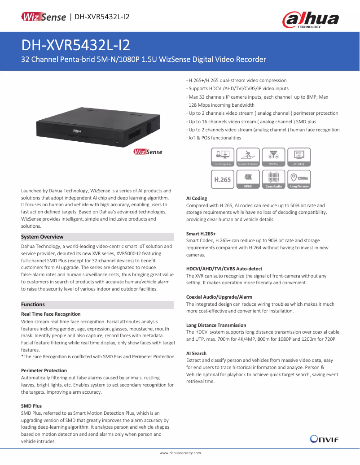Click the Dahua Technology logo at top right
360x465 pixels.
tap(310, 20)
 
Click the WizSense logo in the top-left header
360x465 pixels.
tap(44, 17)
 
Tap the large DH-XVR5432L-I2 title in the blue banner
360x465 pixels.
tap(76, 45)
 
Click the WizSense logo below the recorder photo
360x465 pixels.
tap(148, 152)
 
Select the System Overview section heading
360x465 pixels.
tap(43, 237)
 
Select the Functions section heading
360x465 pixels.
tap(33, 304)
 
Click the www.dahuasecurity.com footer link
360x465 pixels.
tap(180, 453)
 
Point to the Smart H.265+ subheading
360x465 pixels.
tap(201, 234)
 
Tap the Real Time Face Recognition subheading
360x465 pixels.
tap(51, 314)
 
